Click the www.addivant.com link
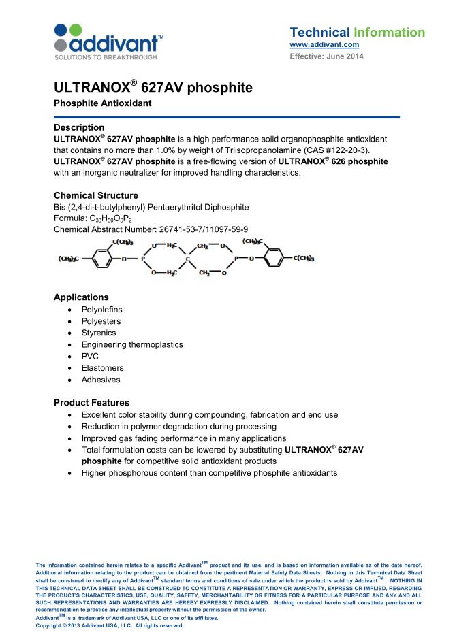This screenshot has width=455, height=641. [324, 45]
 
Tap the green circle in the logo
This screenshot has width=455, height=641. [76, 29]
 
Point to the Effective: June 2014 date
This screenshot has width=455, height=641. [326, 56]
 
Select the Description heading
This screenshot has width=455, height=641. [79, 127]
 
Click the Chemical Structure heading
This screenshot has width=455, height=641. [95, 195]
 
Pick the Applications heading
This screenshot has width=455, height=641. [81, 297]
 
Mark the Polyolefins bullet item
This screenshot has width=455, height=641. [101, 310]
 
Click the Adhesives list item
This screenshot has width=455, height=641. [101, 380]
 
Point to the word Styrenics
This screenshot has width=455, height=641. [99, 333]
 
